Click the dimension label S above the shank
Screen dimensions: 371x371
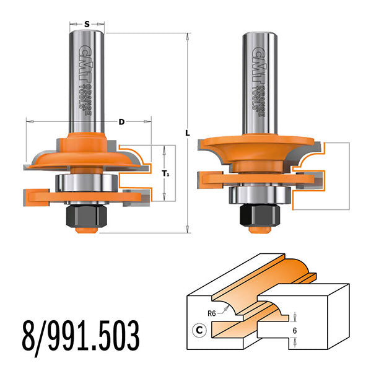pyautogui.click(x=87, y=24)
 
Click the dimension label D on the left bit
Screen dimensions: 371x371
pyautogui.click(x=121, y=122)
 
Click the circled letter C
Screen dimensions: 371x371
pyautogui.click(x=200, y=329)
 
